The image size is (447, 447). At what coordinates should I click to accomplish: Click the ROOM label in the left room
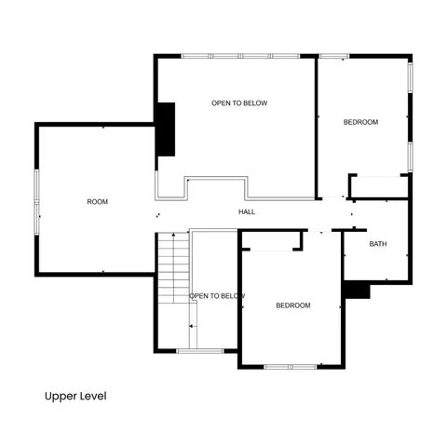(97, 202)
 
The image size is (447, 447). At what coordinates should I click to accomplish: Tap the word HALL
(247, 212)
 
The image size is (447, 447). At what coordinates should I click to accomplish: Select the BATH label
(377, 245)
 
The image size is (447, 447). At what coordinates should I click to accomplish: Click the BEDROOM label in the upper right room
(360, 122)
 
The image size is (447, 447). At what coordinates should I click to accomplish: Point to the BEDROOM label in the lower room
(293, 305)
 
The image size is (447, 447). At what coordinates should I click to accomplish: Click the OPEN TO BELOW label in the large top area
(239, 103)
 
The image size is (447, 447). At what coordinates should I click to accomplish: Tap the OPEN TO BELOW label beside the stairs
(217, 296)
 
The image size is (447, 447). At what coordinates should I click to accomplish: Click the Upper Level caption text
(75, 396)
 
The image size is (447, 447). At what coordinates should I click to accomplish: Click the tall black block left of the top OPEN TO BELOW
(165, 129)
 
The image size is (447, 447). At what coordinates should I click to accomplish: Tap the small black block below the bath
(357, 291)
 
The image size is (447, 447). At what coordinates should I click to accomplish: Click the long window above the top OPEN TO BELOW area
(240, 57)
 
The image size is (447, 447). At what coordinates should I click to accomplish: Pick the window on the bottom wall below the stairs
(199, 351)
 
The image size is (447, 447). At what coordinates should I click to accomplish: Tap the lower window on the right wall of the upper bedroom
(410, 156)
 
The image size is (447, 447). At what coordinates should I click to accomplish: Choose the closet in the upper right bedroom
(379, 185)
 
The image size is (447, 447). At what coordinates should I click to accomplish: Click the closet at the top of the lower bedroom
(271, 240)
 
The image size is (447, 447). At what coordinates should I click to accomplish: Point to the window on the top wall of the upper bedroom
(333, 57)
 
